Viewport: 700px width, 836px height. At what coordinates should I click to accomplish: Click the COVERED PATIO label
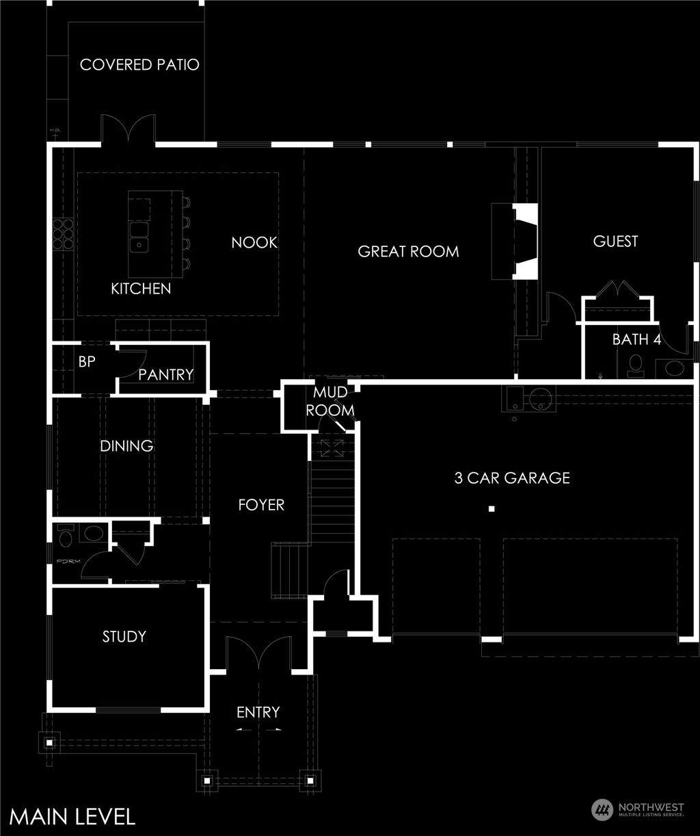pyautogui.click(x=139, y=65)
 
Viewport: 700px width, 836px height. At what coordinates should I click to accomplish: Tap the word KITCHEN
pyautogui.click(x=141, y=289)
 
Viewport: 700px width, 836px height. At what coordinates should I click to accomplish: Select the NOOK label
pyautogui.click(x=254, y=242)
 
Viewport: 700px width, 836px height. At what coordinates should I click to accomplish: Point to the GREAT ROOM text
pyautogui.click(x=408, y=252)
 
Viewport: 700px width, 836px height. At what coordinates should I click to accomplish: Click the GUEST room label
pyautogui.click(x=615, y=241)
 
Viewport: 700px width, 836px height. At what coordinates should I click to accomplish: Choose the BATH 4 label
pyautogui.click(x=636, y=339)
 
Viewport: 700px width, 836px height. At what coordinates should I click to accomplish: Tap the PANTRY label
pyautogui.click(x=166, y=375)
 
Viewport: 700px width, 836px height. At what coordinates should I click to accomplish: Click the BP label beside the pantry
pyautogui.click(x=86, y=362)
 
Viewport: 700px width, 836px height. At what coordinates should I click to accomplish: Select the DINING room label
pyautogui.click(x=126, y=446)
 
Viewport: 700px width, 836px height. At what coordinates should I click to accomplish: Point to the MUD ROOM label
pyautogui.click(x=330, y=402)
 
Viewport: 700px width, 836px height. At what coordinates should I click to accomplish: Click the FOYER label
pyautogui.click(x=261, y=505)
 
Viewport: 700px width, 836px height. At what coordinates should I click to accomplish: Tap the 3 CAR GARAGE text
pyautogui.click(x=512, y=478)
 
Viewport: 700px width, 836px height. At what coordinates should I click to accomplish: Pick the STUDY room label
pyautogui.click(x=124, y=636)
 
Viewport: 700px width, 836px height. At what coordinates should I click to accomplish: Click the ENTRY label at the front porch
pyautogui.click(x=258, y=712)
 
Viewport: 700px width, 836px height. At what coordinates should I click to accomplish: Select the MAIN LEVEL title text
pyautogui.click(x=72, y=816)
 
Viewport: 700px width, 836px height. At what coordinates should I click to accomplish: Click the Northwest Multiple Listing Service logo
pyautogui.click(x=638, y=810)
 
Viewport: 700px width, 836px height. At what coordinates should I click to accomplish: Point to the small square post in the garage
pyautogui.click(x=491, y=508)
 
